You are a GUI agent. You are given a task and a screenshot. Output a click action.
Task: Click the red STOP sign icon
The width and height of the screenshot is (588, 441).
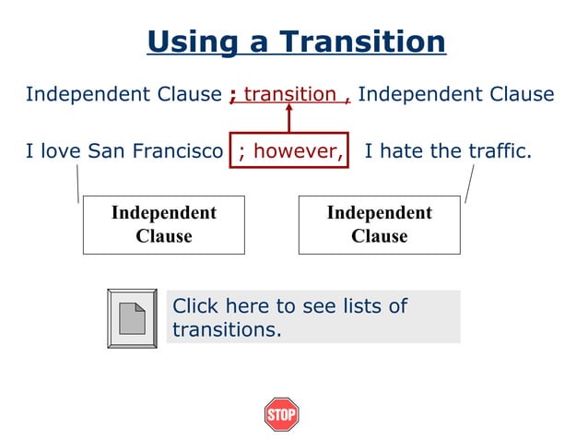281,414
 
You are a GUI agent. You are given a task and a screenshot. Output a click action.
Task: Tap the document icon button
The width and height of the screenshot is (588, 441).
134,318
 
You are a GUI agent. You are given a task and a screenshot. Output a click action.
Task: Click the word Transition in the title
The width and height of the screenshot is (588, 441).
362,42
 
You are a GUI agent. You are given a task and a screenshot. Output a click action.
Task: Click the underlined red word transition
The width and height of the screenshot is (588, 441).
289,94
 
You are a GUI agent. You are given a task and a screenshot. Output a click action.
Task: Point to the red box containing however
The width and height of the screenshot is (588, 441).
290,150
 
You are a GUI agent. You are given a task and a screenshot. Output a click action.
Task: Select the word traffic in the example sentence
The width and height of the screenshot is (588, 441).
497,150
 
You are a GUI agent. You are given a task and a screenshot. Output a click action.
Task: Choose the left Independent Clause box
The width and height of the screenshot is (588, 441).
164,224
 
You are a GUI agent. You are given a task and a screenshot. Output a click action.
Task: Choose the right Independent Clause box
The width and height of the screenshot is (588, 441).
379,224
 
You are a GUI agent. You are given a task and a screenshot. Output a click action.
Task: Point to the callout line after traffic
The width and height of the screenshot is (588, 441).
470,185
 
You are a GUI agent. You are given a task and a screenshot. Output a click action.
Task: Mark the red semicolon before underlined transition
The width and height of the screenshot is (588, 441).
234,95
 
